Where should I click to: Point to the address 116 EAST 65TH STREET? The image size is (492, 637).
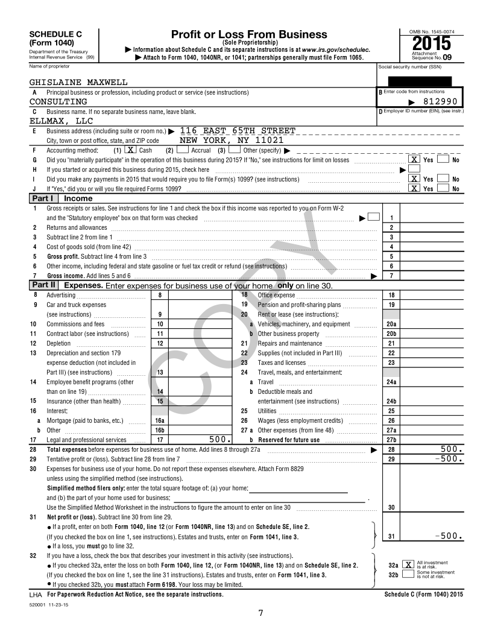238,131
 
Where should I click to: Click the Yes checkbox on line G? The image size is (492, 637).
414,160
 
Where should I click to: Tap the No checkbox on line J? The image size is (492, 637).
443,189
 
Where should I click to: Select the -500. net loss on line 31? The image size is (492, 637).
447,535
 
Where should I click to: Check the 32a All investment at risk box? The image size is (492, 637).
408,565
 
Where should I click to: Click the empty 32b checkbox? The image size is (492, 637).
408,574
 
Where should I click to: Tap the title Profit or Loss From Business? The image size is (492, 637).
249,34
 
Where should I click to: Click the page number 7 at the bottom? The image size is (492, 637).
260,613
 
